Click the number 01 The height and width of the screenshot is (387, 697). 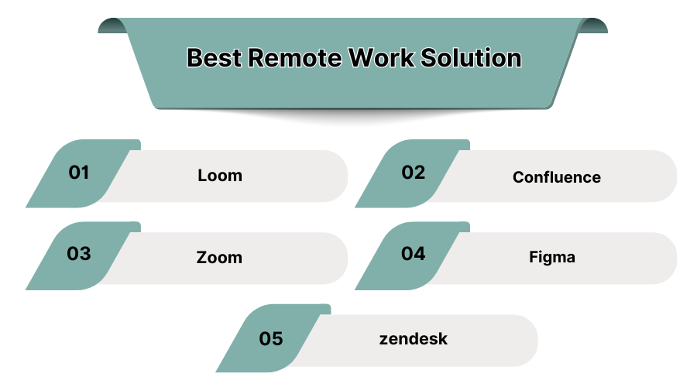79,173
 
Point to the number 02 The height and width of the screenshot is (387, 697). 414,173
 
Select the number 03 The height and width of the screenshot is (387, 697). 79,254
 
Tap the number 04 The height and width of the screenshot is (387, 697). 414,254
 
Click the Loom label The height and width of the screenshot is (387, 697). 220,176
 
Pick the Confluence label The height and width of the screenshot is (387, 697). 556,177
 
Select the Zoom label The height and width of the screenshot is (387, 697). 219,257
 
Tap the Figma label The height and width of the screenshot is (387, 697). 552,257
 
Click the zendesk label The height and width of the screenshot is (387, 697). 414,339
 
